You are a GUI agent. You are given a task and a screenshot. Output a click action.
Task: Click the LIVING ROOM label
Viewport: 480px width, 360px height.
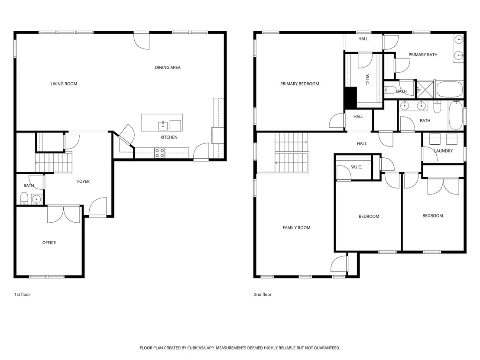pos(64,84)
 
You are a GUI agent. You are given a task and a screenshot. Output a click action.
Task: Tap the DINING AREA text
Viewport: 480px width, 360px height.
pos(168,67)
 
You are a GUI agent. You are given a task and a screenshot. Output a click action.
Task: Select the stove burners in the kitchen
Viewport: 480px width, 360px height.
pos(159,153)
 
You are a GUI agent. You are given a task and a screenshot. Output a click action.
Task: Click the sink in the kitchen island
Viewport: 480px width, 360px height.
pos(163,126)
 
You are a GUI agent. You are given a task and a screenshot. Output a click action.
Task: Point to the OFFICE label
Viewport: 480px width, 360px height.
pos(49,243)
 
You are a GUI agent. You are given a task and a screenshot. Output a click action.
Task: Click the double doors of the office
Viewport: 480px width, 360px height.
pos(64,214)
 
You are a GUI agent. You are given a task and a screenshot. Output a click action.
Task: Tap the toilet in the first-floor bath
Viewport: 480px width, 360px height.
pos(24,198)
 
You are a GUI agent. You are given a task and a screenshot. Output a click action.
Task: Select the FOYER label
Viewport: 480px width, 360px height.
pos(83,182)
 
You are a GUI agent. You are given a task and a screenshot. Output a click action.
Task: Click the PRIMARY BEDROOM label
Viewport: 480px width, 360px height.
pos(300,84)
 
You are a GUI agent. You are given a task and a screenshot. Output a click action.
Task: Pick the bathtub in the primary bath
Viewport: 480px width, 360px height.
pos(449,89)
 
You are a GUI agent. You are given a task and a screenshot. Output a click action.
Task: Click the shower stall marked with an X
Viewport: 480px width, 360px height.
pos(425,89)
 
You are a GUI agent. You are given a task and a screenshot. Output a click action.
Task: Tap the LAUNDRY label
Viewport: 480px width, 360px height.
pos(443,151)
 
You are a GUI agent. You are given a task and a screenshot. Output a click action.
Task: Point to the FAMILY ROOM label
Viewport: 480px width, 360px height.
pos(296,228)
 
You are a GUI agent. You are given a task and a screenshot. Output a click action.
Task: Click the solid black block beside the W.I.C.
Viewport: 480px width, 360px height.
pos(351,97)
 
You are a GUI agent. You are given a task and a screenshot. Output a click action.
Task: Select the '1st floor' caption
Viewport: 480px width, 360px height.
pos(23,295)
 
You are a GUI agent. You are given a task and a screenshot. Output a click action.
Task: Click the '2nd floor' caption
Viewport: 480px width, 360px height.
pos(263,295)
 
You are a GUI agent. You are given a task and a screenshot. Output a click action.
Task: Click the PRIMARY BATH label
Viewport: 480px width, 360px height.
pos(423,55)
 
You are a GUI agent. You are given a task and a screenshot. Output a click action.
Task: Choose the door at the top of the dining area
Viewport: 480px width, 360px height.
pos(141,41)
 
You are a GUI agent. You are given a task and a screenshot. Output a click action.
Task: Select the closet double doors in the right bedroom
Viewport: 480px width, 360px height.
pos(443,186)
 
